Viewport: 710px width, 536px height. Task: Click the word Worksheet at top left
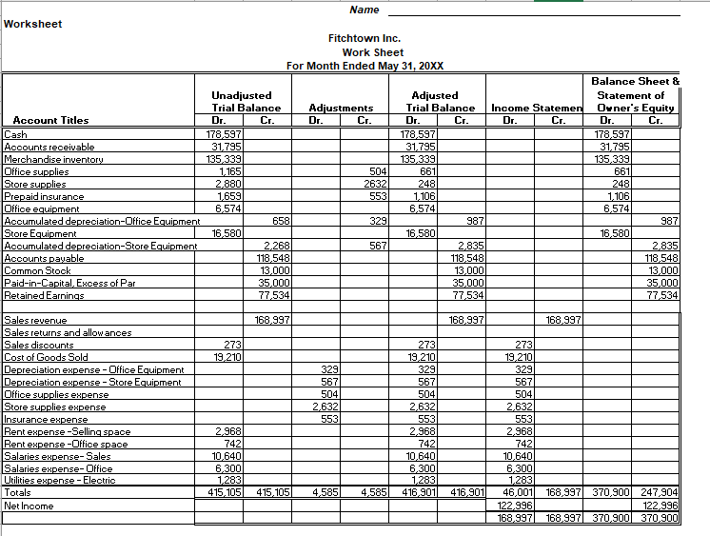click(33, 24)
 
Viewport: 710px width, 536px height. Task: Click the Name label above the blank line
click(364, 10)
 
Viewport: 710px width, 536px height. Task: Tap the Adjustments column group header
click(341, 109)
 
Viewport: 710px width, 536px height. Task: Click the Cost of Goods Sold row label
click(46, 357)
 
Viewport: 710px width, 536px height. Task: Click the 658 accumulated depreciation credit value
click(281, 221)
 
